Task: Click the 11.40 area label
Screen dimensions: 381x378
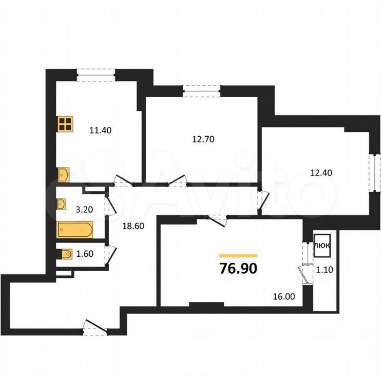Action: tap(100, 130)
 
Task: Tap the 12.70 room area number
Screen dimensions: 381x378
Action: tap(203, 139)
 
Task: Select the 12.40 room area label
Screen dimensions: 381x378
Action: tap(321, 172)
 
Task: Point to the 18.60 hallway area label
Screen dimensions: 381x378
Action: tap(133, 226)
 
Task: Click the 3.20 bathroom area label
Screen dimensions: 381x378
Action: tap(84, 209)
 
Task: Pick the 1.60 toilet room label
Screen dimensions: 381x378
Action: tap(85, 254)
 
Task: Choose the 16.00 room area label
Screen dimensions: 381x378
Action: tap(284, 296)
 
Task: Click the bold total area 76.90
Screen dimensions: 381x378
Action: tap(238, 269)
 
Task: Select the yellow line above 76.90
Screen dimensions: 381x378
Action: tap(238, 256)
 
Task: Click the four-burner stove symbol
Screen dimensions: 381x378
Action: tap(65, 124)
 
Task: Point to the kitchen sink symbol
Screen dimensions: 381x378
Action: tap(64, 174)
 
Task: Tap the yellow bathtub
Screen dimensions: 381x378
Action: tap(75, 229)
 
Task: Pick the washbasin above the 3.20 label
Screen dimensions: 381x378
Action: tap(61, 204)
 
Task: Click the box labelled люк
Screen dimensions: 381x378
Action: tap(322, 246)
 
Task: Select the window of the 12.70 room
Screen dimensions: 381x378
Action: tap(202, 91)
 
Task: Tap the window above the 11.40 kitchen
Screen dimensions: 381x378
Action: tap(96, 75)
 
